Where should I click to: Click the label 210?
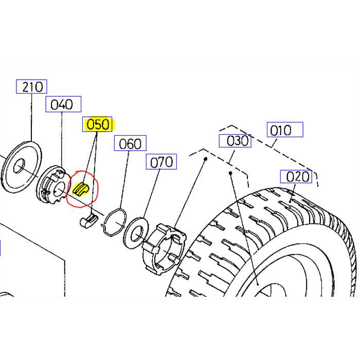[x=32, y=86]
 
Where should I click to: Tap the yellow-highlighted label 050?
[x=98, y=124]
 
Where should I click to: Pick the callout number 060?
[x=130, y=143]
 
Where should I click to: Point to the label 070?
[x=161, y=163]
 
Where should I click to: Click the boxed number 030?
[x=235, y=140]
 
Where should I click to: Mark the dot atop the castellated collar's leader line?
[x=206, y=159]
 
